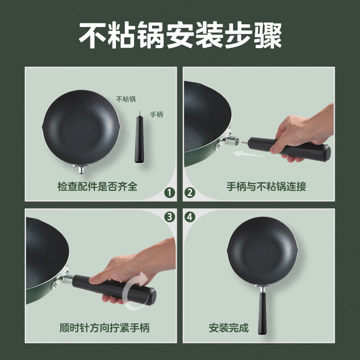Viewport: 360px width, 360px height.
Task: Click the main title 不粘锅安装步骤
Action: point(180,35)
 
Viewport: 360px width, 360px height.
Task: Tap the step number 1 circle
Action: point(170,193)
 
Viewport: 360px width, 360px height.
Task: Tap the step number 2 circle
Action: point(189,193)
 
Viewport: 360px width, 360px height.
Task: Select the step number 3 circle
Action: point(170,217)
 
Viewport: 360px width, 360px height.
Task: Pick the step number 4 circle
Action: point(189,217)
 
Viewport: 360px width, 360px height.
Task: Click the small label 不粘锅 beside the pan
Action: point(126,99)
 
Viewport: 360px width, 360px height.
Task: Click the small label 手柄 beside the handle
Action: point(157,114)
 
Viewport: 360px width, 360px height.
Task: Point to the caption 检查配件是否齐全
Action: point(97,186)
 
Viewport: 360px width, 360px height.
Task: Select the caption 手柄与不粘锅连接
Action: point(266,186)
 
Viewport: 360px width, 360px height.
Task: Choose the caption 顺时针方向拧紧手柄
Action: point(105,328)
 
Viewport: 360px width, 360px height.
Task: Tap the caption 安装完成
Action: point(229,328)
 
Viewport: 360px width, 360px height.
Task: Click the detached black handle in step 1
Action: point(139,139)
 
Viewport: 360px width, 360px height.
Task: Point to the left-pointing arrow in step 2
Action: point(249,154)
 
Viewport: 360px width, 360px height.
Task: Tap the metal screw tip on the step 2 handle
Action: point(244,143)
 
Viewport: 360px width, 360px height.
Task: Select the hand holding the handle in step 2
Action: point(301,134)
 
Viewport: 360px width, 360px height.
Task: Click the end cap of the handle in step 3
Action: point(152,297)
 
